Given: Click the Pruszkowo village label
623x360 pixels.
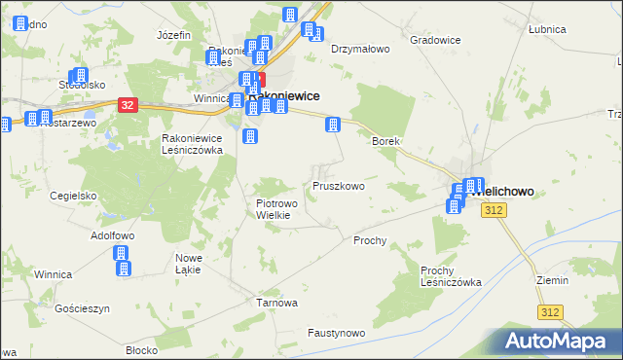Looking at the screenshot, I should pyautogui.click(x=338, y=186).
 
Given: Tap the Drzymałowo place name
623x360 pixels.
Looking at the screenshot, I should pyautogui.click(x=360, y=48).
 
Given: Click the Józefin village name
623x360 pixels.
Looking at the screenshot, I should pyautogui.click(x=173, y=35).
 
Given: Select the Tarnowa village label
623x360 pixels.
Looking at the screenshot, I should pyautogui.click(x=276, y=303).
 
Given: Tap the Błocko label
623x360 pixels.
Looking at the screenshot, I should pyautogui.click(x=142, y=350).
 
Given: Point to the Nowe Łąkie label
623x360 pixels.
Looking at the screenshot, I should pyautogui.click(x=188, y=263).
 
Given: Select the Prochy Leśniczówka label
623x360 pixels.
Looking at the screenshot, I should pyautogui.click(x=451, y=276).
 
